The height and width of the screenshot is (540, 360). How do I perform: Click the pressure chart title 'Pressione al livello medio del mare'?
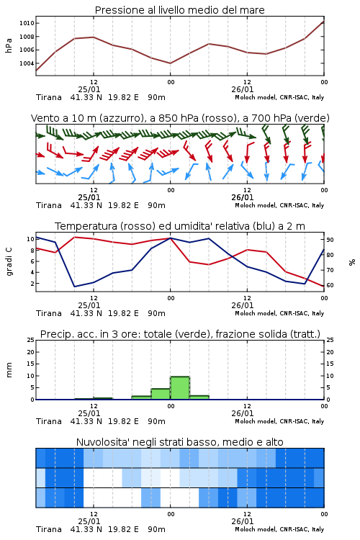(179, 10)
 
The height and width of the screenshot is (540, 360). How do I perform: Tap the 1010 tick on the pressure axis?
(27, 23)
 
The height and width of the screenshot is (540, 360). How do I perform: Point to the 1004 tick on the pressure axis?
(27, 63)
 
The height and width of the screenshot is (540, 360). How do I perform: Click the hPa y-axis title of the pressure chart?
(9, 45)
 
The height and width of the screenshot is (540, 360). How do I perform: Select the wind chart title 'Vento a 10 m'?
(180, 118)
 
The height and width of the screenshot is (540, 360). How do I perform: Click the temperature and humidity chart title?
(180, 226)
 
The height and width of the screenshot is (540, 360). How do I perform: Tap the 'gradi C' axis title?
(9, 261)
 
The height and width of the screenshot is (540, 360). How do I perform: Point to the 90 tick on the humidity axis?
(330, 240)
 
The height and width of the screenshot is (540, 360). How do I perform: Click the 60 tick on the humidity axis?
(330, 285)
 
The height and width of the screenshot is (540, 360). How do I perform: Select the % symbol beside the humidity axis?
(352, 262)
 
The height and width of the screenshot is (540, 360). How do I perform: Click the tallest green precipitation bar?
(180, 388)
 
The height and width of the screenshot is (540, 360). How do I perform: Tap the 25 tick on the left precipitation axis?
(31, 340)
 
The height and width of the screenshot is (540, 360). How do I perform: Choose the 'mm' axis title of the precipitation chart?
(9, 370)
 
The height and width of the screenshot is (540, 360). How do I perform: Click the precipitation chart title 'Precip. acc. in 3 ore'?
(180, 334)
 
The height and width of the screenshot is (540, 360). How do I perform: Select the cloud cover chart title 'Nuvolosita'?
(180, 442)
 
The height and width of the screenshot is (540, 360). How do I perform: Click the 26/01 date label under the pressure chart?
(243, 89)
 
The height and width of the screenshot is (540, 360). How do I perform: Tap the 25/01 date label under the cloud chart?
(89, 521)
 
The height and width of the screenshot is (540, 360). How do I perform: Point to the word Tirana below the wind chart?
(49, 205)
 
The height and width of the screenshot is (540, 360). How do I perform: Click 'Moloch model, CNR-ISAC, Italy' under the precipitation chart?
(279, 421)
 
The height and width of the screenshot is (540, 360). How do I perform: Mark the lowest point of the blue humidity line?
(74, 287)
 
